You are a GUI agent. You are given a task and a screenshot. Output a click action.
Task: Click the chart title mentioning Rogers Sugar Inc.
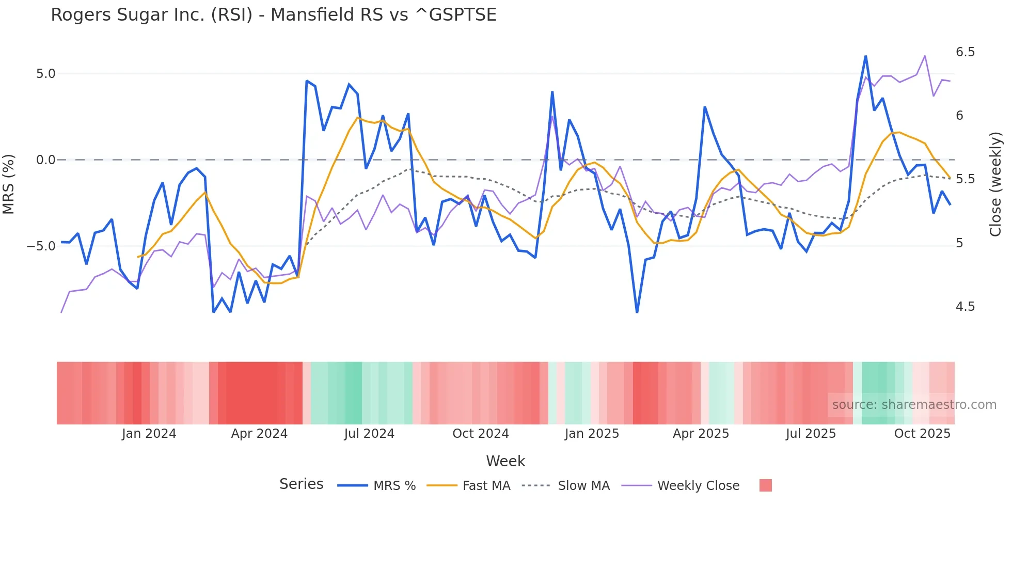tap(273, 15)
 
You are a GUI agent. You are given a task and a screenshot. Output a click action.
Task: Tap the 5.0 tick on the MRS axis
tap(45, 74)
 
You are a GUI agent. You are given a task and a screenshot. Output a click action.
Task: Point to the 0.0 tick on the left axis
tap(45, 160)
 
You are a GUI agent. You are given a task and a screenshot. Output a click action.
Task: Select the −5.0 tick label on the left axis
tap(41, 246)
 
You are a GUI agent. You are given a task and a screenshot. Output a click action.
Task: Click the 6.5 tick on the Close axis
tap(965, 52)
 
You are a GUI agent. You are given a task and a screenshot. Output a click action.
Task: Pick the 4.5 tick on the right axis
tap(965, 307)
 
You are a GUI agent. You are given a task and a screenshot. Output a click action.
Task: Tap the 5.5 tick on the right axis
tap(965, 179)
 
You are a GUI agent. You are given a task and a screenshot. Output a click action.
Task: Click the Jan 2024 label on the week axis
tap(149, 434)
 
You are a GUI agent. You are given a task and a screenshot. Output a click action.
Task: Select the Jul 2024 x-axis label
tap(369, 434)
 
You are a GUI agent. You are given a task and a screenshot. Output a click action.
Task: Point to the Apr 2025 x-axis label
tap(701, 434)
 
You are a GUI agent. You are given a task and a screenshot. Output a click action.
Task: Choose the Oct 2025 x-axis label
tap(922, 434)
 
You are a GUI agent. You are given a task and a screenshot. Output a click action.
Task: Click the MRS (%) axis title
tap(9, 184)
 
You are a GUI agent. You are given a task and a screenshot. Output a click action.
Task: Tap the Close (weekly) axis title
tap(995, 184)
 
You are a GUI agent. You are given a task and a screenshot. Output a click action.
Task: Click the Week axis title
tap(505, 461)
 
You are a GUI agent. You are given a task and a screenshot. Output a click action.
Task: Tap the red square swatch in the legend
tap(766, 485)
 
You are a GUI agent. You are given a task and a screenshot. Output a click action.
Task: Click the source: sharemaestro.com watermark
tap(914, 405)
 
